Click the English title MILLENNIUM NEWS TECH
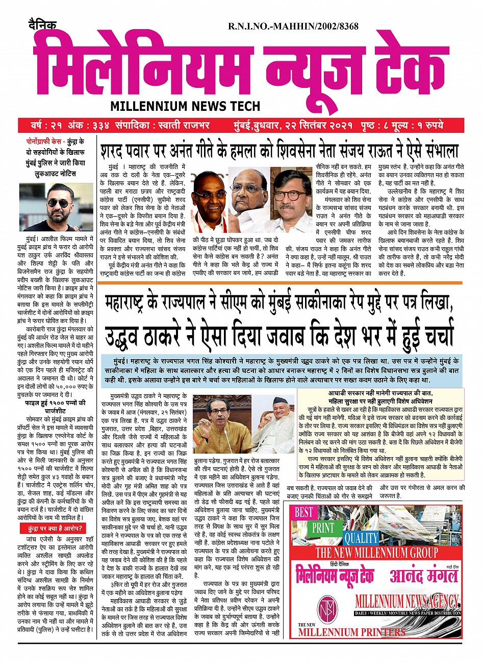[185, 106]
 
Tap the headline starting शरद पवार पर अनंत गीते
[280, 151]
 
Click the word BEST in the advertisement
[304, 511]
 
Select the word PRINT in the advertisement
[322, 528]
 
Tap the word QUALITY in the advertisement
[360, 538]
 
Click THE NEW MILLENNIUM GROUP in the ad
[376, 553]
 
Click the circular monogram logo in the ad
[324, 608]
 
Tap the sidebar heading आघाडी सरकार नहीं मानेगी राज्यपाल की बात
[380, 393]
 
